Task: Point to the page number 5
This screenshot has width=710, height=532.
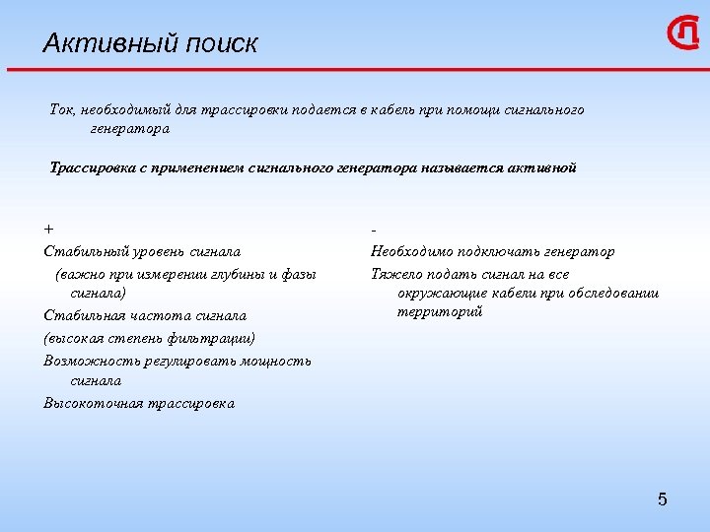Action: (x=662, y=499)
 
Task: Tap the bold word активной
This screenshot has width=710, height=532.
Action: (x=542, y=167)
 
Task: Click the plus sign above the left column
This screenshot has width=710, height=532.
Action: (x=48, y=230)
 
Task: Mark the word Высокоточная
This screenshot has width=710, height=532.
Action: (x=91, y=403)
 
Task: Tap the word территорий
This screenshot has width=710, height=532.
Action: (x=440, y=312)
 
